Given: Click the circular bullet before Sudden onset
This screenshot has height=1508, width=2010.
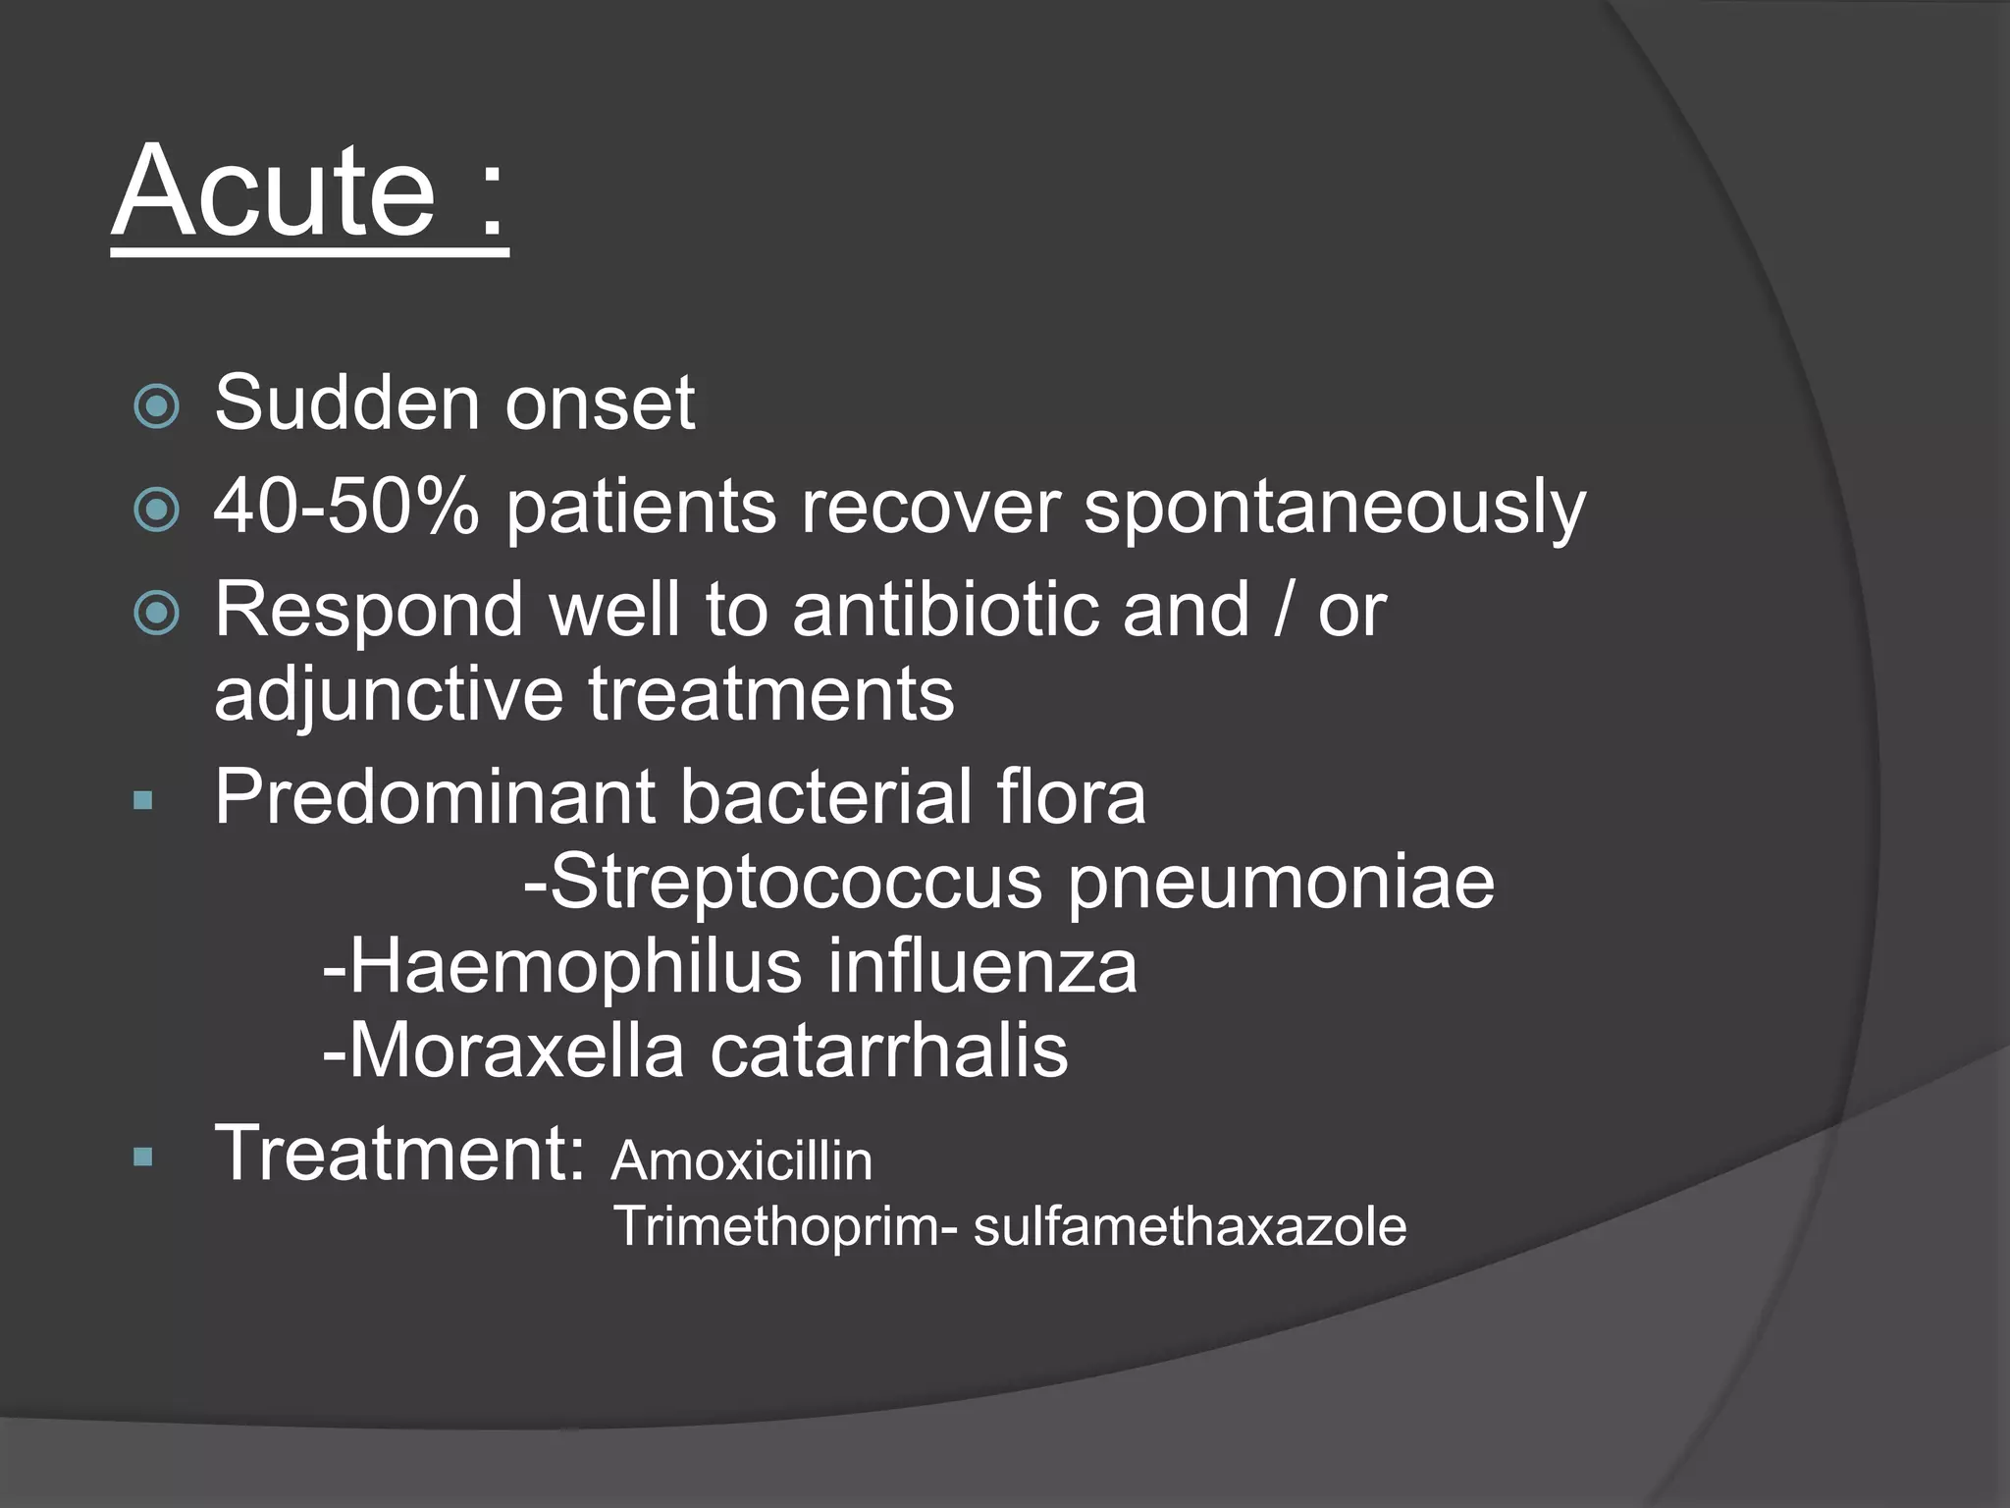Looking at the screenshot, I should point(157,406).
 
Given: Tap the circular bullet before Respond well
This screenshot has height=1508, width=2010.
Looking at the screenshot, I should point(157,614).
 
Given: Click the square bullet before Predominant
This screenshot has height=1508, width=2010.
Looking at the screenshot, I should point(143,801).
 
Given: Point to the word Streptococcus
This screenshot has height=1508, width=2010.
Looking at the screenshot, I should point(795,883).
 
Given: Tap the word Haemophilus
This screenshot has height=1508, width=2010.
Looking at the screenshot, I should point(575,968).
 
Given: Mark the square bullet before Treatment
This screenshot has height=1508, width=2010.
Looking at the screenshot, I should point(143,1158).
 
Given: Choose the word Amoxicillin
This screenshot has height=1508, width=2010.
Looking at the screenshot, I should point(742,1161).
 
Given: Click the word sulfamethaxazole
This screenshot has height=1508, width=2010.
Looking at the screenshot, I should point(1190,1227).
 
